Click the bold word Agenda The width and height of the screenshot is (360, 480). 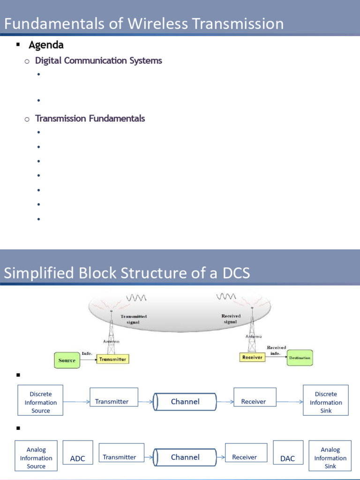click(46, 45)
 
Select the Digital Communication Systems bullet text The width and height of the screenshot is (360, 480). click(98, 60)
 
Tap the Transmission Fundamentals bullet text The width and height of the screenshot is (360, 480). click(90, 118)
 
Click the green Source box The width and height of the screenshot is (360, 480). click(67, 360)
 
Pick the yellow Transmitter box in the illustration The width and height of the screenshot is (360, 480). click(112, 360)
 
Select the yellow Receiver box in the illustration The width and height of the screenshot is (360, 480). click(252, 357)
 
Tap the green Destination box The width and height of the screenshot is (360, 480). click(299, 358)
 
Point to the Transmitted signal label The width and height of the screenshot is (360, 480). click(134, 319)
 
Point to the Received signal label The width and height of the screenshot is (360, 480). click(231, 319)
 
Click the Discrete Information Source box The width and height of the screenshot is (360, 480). click(41, 402)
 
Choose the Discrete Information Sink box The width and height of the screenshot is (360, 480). click(326, 402)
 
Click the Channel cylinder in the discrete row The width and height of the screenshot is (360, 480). click(185, 402)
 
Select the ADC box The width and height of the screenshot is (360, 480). click(77, 458)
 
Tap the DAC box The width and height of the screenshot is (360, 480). click(287, 458)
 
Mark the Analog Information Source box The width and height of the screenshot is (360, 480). click(36, 457)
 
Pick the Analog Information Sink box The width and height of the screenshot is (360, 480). click(330, 457)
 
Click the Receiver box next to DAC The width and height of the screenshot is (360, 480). click(244, 457)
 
